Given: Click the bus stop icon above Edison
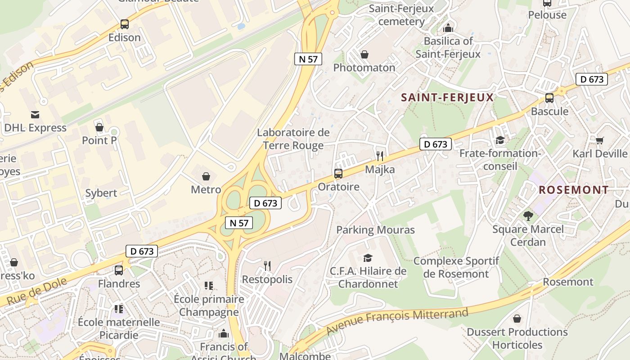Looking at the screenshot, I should pyautogui.click(x=125, y=24).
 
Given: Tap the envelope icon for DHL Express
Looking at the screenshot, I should pyautogui.click(x=35, y=115).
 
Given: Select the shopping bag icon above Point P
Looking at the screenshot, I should pyautogui.click(x=99, y=127).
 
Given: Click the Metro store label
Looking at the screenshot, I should pyautogui.click(x=206, y=189).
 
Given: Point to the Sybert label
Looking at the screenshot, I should pyautogui.click(x=101, y=193).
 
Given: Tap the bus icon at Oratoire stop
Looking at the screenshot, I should pyautogui.click(x=338, y=173).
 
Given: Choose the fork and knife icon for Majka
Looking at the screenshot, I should pyautogui.click(x=380, y=156).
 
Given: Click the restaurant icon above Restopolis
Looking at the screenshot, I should pyautogui.click(x=267, y=266).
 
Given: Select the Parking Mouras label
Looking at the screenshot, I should pyautogui.click(x=375, y=230).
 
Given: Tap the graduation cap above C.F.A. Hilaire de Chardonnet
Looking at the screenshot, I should pyautogui.click(x=368, y=258).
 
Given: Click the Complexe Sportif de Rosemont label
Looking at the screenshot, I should pyautogui.click(x=456, y=267).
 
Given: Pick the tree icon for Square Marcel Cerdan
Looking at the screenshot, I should pyautogui.click(x=528, y=216).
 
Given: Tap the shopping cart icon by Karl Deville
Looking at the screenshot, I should pyautogui.click(x=599, y=140).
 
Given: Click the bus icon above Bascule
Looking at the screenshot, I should pyautogui.click(x=549, y=98).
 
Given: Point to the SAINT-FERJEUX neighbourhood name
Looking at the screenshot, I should pyautogui.click(x=447, y=97).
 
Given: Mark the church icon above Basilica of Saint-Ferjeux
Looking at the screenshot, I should pyautogui.click(x=448, y=28).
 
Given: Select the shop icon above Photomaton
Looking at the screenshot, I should pyautogui.click(x=364, y=54).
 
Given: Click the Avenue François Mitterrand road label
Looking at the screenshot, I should pyautogui.click(x=397, y=320).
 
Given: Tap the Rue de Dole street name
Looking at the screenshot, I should pyautogui.click(x=37, y=292).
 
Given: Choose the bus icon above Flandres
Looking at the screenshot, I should pyautogui.click(x=119, y=270).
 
